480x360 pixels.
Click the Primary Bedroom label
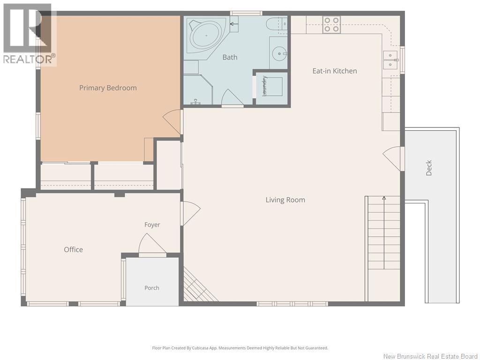pyautogui.click(x=108, y=88)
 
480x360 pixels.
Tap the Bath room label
pyautogui.click(x=230, y=57)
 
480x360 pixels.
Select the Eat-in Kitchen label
pyautogui.click(x=335, y=71)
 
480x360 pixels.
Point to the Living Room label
pyautogui.click(x=285, y=200)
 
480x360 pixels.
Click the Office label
pyautogui.click(x=73, y=249)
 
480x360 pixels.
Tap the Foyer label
pyautogui.click(x=152, y=225)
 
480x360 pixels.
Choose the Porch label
pyautogui.click(x=152, y=288)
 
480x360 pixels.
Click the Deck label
pyautogui.click(x=428, y=168)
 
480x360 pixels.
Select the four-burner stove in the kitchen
pyautogui.click(x=331, y=24)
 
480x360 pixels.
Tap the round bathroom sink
pyautogui.click(x=280, y=54)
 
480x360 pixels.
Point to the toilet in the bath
pyautogui.click(x=277, y=24)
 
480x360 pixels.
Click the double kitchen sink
pyautogui.click(x=390, y=60)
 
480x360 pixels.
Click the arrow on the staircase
pyautogui.click(x=384, y=232)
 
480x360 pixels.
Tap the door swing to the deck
pyautogui.click(x=392, y=158)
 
